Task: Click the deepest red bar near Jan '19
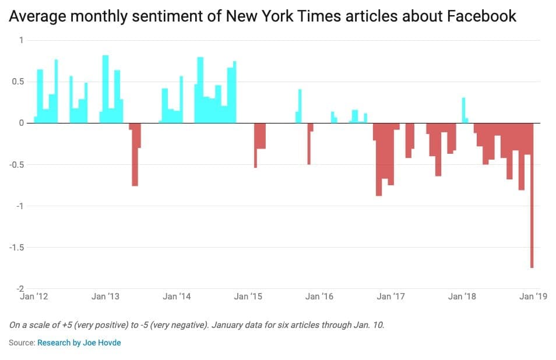[532, 233]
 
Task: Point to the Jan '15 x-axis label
[248, 297]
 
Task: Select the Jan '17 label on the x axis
[391, 297]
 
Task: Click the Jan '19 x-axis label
[533, 297]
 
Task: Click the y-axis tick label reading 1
[22, 40]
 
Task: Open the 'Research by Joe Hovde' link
[79, 343]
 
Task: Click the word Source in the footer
[20, 343]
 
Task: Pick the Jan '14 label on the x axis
[177, 297]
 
